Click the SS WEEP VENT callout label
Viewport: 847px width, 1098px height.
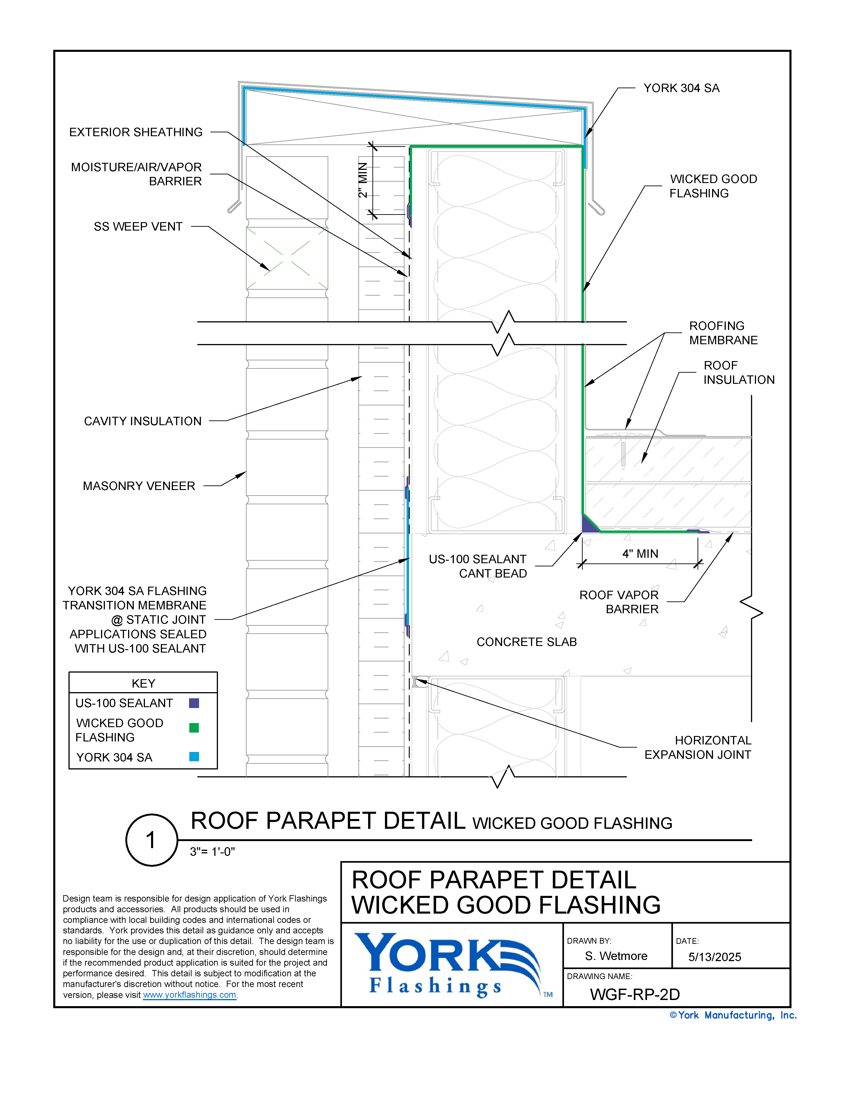(x=138, y=227)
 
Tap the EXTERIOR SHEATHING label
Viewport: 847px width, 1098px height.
(x=136, y=132)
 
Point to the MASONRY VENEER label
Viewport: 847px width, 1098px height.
(x=139, y=486)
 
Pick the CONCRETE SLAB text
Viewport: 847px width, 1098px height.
(x=527, y=642)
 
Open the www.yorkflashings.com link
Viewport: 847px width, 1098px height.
(x=190, y=995)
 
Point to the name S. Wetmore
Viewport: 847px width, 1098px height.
(x=616, y=956)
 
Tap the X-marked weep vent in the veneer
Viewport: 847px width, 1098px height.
(x=287, y=258)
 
